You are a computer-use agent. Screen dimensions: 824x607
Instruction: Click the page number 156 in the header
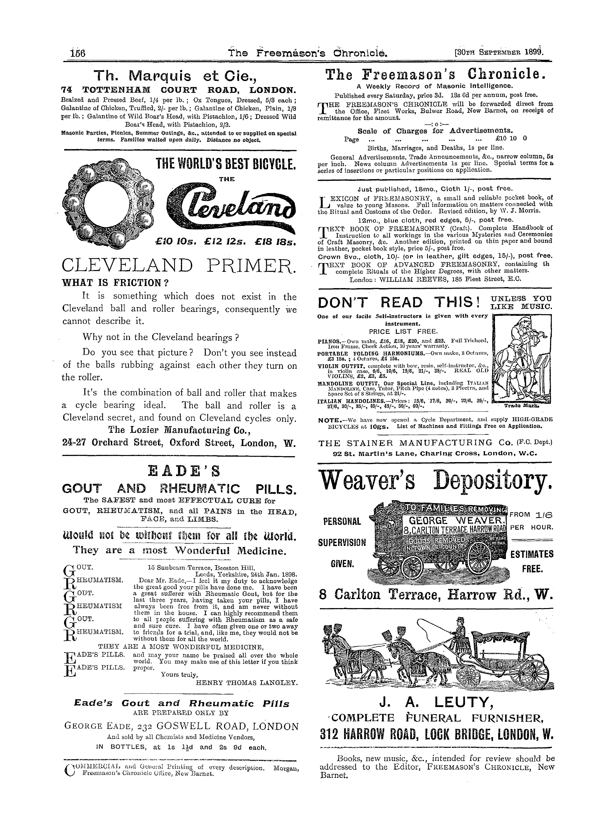pyautogui.click(x=78, y=54)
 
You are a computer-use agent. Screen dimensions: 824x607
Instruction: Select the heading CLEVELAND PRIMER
pyautogui.click(x=179, y=266)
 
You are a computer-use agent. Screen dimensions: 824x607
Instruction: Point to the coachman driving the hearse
pyautogui.click(x=460, y=631)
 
